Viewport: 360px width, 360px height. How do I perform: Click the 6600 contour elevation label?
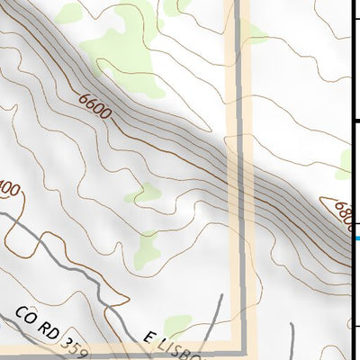[x=94, y=104]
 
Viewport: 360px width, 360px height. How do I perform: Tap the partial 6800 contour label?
[x=343, y=215]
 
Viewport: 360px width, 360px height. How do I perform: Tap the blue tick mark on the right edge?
[x=357, y=238]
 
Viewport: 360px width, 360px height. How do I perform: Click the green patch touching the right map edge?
[x=347, y=162]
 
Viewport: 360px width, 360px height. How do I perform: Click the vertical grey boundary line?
[x=239, y=180]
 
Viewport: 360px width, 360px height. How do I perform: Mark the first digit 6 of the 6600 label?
[x=83, y=97]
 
